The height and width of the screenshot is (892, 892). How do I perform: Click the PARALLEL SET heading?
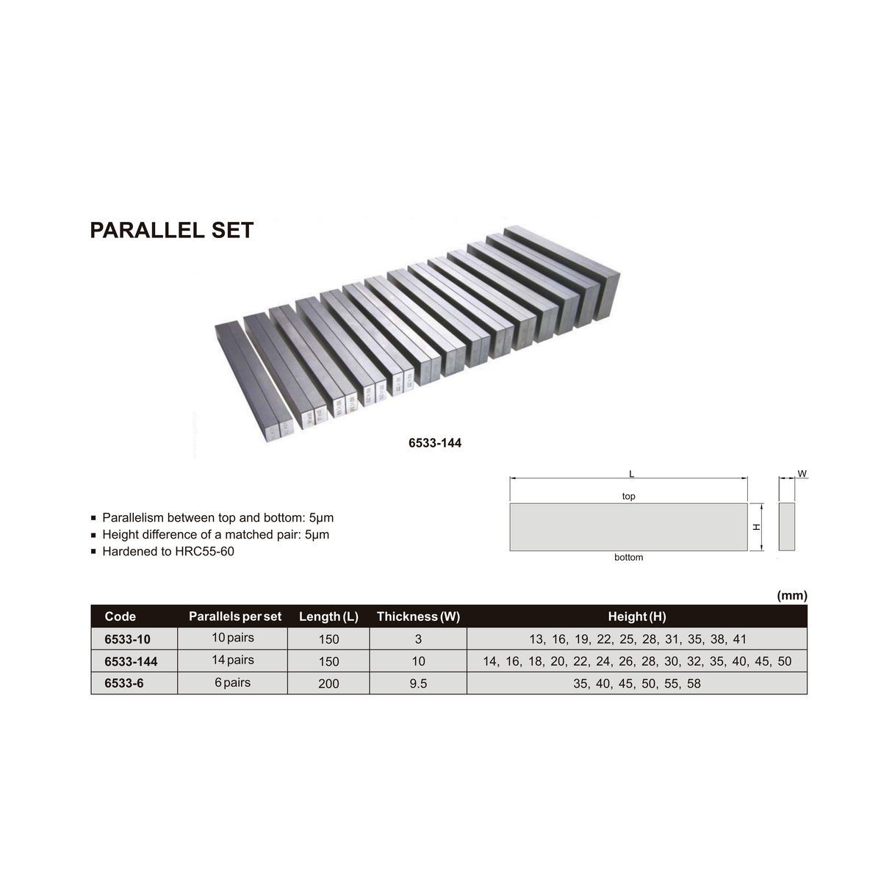[x=172, y=230]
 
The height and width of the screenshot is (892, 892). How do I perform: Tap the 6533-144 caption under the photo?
[x=435, y=443]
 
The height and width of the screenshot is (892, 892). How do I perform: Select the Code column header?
[x=121, y=616]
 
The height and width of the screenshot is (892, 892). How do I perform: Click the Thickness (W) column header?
[x=418, y=616]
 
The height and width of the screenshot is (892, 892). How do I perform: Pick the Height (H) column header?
[x=637, y=616]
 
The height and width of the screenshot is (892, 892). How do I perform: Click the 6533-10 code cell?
[x=127, y=639]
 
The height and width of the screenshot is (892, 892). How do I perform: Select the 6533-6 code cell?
[x=124, y=683]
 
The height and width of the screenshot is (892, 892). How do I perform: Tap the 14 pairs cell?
[x=233, y=660]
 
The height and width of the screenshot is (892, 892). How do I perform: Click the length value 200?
[x=328, y=683]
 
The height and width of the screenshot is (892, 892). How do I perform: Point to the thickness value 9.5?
[x=418, y=683]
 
